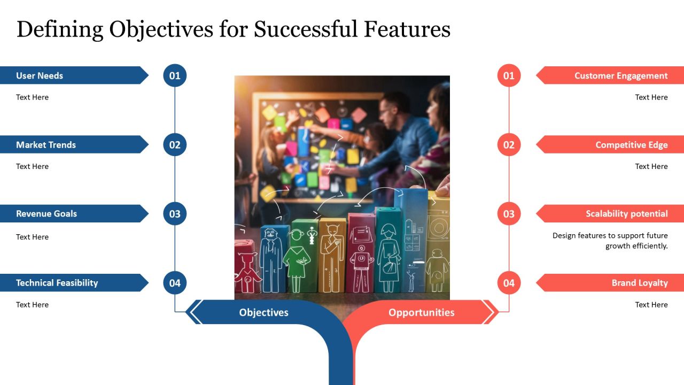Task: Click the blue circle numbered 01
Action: click(175, 75)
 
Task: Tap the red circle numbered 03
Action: click(509, 213)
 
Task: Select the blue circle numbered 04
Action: click(175, 283)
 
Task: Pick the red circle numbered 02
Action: click(509, 144)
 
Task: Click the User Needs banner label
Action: click(40, 75)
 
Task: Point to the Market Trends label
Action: click(46, 144)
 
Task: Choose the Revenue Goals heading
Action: click(46, 213)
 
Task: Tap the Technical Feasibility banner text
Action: click(57, 283)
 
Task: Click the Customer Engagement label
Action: click(621, 76)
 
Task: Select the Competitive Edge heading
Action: click(632, 145)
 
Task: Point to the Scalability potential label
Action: click(627, 214)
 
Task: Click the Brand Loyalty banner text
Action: click(640, 283)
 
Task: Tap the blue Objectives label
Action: click(263, 312)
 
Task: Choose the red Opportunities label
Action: click(422, 312)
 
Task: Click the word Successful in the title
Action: click(305, 29)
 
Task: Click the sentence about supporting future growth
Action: click(610, 241)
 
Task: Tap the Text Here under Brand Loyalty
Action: click(651, 305)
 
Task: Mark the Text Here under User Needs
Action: click(33, 97)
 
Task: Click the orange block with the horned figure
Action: click(332, 255)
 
